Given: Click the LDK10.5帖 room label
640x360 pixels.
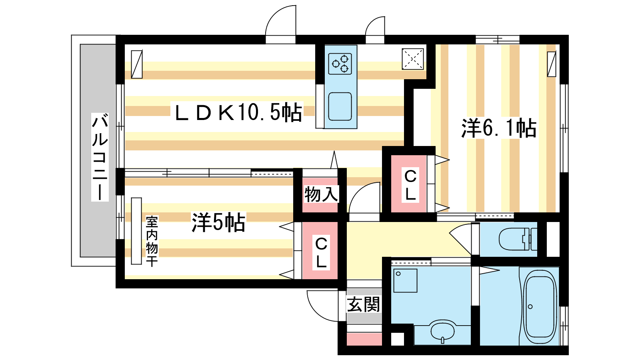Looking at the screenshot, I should coord(238,112).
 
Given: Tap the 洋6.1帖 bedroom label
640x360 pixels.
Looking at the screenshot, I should coord(499,128).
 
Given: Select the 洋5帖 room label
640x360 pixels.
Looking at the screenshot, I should coord(218,222).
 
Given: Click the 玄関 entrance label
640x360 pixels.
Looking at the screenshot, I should coord(363,305).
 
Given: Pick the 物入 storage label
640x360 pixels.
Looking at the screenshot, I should coord(321,194).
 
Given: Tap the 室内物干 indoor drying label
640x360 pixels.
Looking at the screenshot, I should coord(152,241).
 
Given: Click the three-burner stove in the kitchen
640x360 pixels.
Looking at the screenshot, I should coord(340,64).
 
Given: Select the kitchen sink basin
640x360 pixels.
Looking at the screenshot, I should coord(340,106).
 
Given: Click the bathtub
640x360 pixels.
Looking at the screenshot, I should coord(540,306).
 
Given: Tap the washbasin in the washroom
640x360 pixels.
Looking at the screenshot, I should coord(442,331).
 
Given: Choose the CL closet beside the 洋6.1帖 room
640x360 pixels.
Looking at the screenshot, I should coord(410,185).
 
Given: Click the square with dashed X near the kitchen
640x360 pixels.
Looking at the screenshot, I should coord(413,59).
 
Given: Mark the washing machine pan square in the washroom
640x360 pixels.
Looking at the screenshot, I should coord(406,280).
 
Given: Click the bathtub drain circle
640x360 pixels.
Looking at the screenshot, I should coord(530,307).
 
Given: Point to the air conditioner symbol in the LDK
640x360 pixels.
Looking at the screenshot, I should coord(137,64).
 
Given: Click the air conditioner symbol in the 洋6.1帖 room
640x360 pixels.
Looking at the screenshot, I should coord(552,64).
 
